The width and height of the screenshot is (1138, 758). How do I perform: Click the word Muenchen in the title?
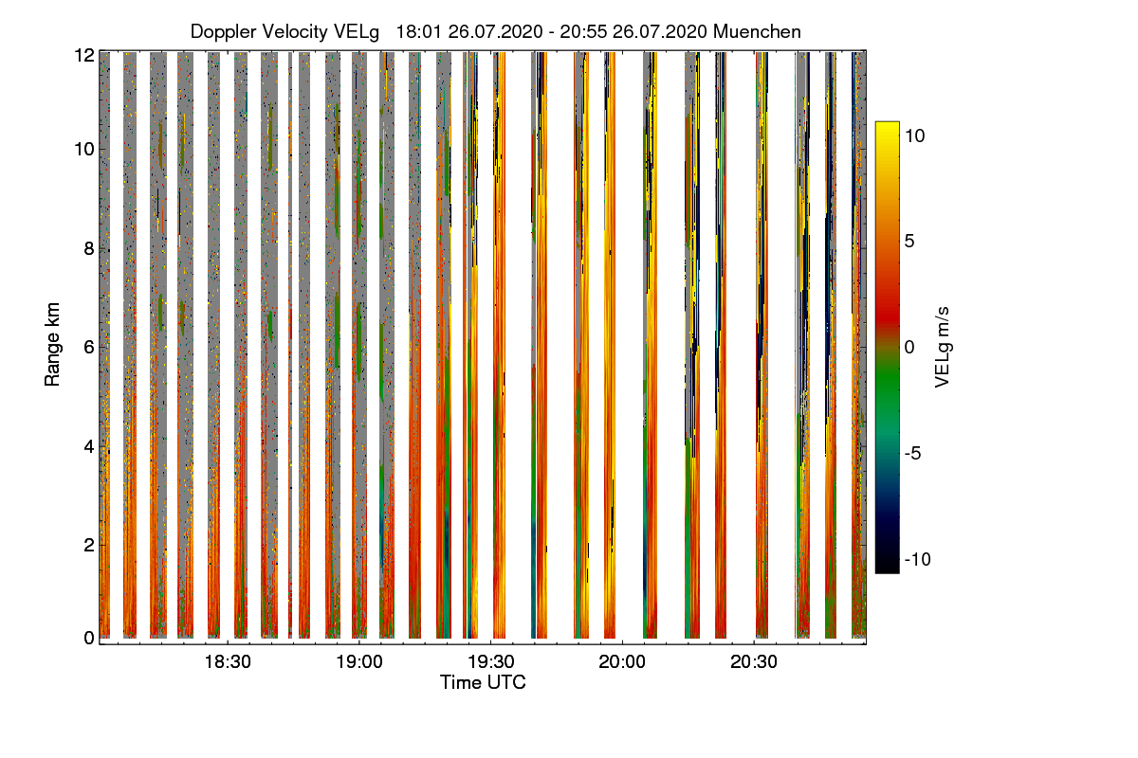[757, 31]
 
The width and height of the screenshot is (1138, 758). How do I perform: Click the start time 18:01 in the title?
[414, 31]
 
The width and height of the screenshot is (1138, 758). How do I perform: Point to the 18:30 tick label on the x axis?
[228, 662]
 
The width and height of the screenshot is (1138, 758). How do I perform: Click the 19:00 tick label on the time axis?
[360, 662]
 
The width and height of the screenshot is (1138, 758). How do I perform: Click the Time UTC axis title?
[483, 682]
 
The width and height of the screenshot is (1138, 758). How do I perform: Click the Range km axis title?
[52, 346]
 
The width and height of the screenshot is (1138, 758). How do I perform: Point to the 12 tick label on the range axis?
[83, 55]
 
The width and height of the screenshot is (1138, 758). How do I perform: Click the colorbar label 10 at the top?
[915, 135]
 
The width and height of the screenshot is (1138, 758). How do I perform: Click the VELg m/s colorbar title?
[943, 346]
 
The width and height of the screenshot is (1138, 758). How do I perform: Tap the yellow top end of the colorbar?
[887, 127]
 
